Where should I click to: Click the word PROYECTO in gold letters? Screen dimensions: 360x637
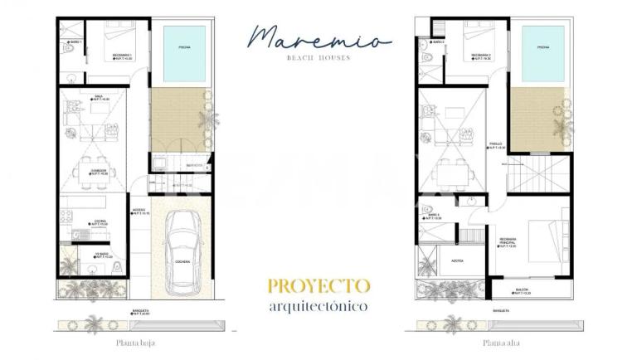318,286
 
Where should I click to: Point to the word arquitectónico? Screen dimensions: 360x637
318,305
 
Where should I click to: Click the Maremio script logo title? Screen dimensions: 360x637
318,37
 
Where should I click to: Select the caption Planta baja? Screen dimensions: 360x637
137,342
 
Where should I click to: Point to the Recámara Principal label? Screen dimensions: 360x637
508,241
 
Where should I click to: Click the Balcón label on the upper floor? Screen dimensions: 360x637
522,289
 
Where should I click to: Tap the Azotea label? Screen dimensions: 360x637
456,259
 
